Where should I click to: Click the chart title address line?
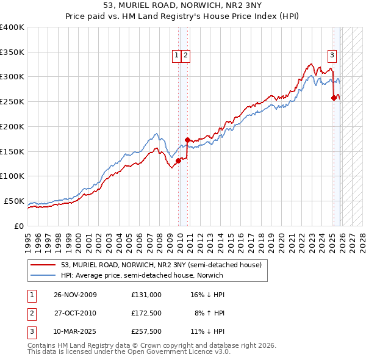[183, 7]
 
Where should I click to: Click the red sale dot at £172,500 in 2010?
[187, 140]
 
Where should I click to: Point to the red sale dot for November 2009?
[178, 160]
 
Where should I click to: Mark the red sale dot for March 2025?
[334, 98]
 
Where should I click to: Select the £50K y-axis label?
[15, 201]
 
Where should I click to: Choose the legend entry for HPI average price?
[142, 275]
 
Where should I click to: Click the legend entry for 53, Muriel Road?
[161, 265]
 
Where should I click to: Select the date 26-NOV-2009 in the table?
[75, 294]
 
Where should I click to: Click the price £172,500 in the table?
[146, 313]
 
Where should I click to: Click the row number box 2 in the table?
[31, 313]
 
